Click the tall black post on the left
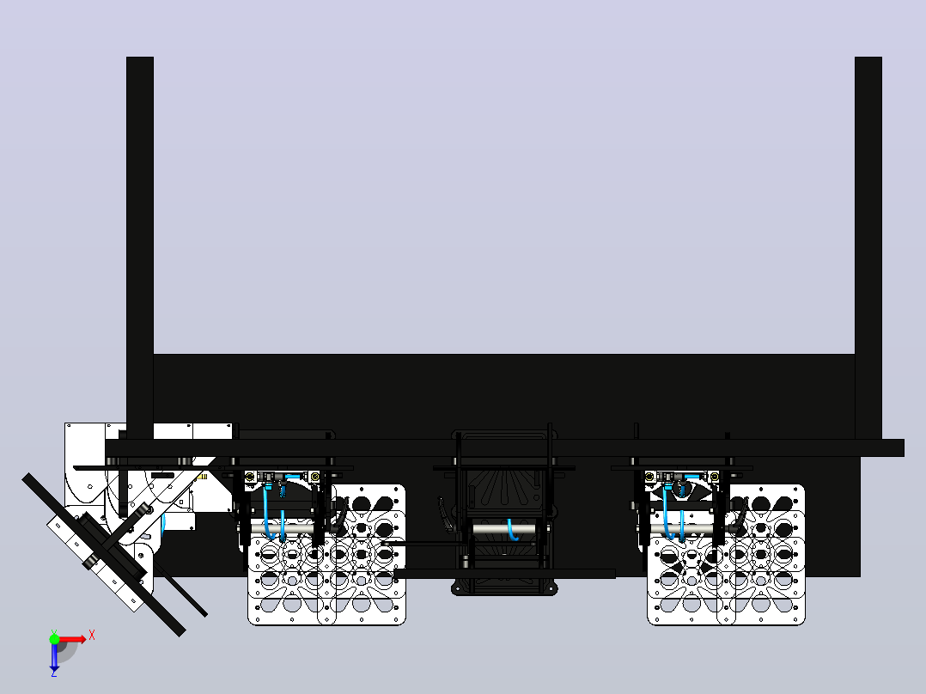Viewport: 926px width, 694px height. click(140, 248)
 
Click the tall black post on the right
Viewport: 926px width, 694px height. click(868, 248)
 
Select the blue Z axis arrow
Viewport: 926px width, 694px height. click(54, 655)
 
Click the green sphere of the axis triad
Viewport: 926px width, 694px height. click(54, 638)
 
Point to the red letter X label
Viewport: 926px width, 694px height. click(92, 636)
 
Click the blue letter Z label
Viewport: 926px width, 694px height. click(54, 673)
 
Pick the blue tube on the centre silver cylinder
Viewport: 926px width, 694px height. click(511, 530)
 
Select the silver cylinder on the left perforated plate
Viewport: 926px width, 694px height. click(283, 527)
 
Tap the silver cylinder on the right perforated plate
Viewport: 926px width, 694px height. click(682, 529)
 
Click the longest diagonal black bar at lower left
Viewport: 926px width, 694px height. click(103, 555)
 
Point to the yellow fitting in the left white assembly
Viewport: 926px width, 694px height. click(204, 476)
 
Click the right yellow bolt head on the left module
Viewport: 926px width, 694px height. click(314, 476)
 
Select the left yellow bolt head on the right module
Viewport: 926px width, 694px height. click(649, 476)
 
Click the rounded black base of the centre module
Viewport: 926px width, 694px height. click(503, 588)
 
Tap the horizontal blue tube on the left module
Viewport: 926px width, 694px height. click(293, 476)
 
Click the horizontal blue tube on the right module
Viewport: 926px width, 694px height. click(692, 476)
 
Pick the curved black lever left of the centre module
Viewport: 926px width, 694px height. click(445, 514)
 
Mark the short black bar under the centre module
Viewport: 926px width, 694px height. click(504, 574)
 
